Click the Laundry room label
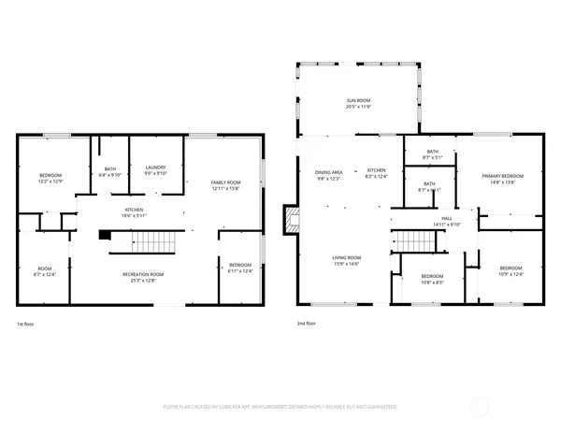point(154,169)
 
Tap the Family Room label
point(225,184)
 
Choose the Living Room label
point(347,261)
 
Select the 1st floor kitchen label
point(135,212)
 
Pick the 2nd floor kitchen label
point(376,172)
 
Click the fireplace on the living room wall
point(292,220)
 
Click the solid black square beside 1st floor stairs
point(104,235)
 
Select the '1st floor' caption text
point(27,324)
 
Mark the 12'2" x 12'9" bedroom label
point(50,178)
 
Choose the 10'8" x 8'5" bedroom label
point(432,279)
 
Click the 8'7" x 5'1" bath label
point(432,154)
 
